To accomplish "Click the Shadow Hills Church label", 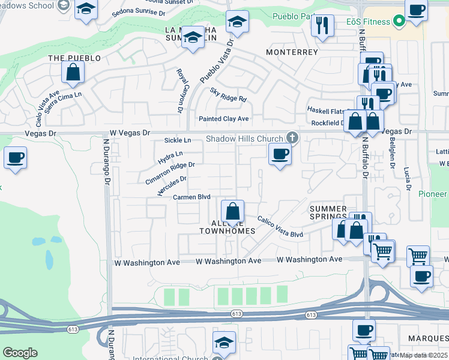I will point(244,139).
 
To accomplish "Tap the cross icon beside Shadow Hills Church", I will point(292,137).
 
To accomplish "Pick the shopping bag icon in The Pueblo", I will point(73,73).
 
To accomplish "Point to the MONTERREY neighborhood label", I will point(292,52).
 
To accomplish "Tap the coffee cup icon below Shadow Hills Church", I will point(280,154).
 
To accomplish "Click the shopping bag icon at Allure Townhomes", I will point(232,211).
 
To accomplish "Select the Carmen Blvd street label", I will point(191,197).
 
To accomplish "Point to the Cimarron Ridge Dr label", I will point(170,173).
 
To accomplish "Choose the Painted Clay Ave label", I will point(223,119).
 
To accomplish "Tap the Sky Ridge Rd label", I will point(228,94).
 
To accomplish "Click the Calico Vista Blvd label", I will point(280,227).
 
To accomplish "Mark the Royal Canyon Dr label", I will point(179,91).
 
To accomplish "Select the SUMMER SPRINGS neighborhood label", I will point(328,212).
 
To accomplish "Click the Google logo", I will point(20,353).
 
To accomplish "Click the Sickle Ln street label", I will point(177,140).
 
